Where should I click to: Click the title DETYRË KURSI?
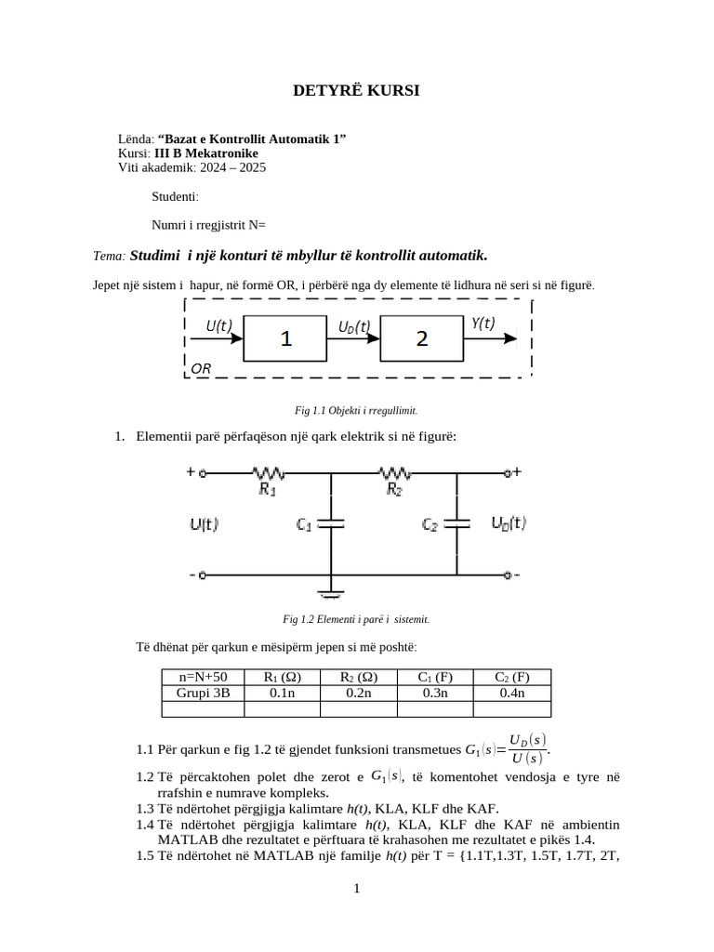coord(356,90)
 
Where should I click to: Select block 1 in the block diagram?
coord(285,339)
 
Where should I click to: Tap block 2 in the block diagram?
coord(422,339)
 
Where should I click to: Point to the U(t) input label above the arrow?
coord(219,325)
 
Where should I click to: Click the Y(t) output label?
coord(483,324)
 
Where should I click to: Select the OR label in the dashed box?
coord(202,368)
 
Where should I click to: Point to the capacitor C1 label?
coord(304,525)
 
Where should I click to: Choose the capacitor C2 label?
coord(430,525)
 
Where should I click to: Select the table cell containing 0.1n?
coord(282,693)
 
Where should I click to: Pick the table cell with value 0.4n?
coord(511,693)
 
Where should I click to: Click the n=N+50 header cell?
coord(203,677)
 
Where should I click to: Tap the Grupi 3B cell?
coord(203,693)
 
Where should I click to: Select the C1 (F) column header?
coord(435,677)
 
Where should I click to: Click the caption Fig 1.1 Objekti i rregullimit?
coord(356,410)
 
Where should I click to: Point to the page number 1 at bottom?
coord(356,889)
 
